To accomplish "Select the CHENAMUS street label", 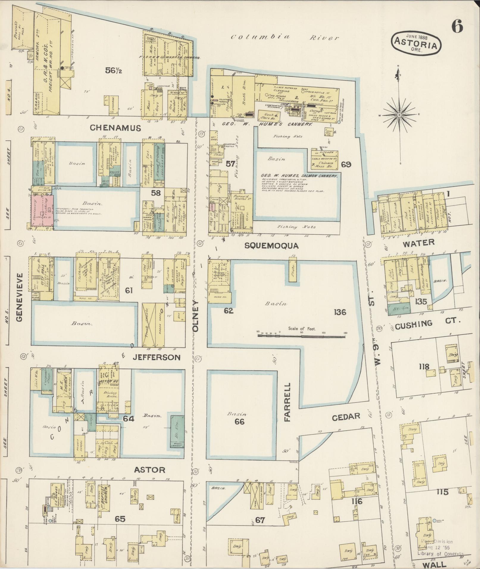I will click(x=115, y=128).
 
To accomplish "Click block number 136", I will click(x=340, y=312).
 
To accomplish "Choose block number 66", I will click(x=239, y=421).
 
